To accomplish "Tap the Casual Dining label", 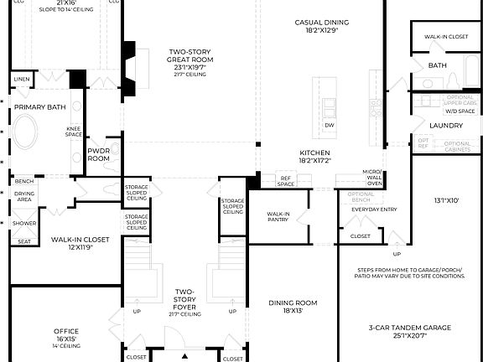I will [x=322, y=27].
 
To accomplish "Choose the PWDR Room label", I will [x=99, y=154].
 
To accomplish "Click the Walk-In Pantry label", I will [x=278, y=218].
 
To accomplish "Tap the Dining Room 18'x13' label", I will [x=292, y=307].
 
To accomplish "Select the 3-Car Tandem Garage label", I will [x=409, y=331].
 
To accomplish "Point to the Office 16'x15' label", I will [x=65, y=336].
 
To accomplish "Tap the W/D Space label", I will [x=460, y=111].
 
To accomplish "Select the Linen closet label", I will [x=22, y=79].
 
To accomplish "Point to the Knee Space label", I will [x=74, y=132].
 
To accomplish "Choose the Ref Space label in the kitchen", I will [x=286, y=180].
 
